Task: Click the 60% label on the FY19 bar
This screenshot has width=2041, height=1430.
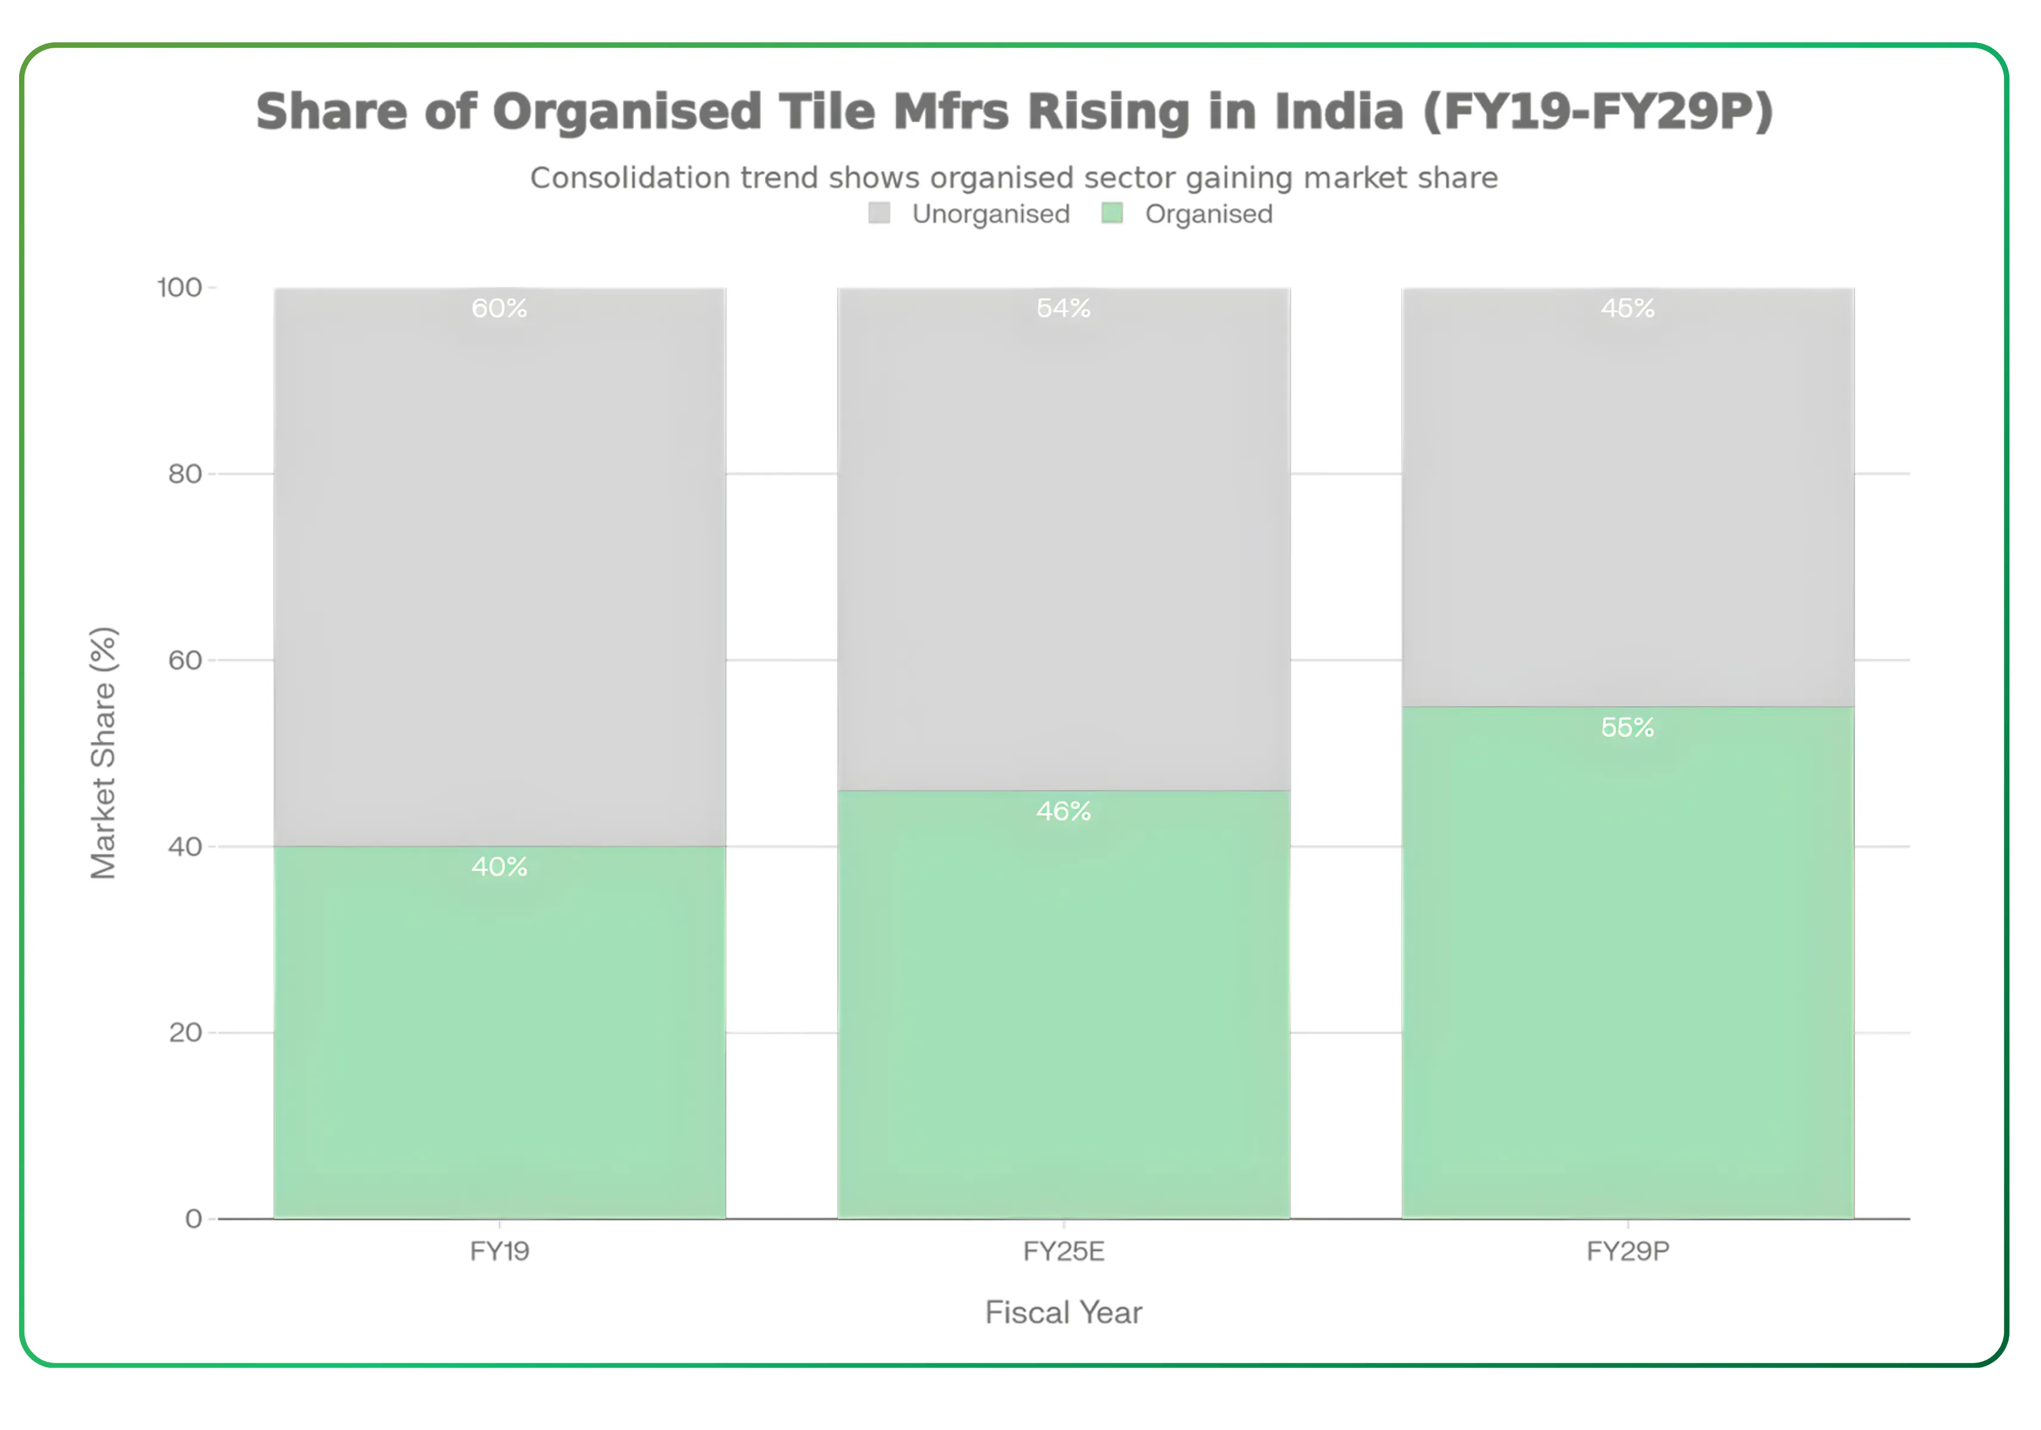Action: (499, 308)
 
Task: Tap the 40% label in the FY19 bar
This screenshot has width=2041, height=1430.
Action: (499, 867)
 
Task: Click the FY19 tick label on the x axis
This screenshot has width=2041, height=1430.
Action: (499, 1252)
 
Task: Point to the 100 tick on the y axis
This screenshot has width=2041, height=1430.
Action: (180, 288)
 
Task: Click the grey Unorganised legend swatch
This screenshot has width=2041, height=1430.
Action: (879, 214)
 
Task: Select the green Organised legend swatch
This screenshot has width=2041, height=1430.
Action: (1112, 214)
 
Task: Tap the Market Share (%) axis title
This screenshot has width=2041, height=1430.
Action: (103, 753)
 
